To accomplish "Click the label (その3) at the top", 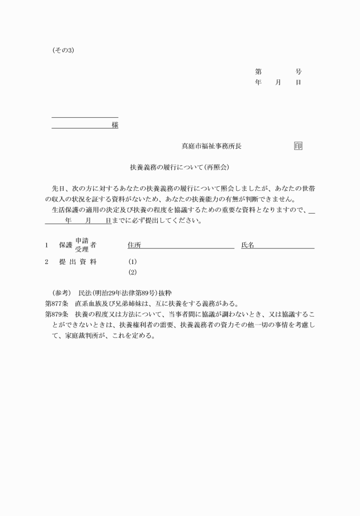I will [63, 51].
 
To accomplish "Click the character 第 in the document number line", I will [258, 72].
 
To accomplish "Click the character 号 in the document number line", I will [298, 72].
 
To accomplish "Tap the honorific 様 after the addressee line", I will [115, 125].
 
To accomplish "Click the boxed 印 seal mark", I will [298, 146].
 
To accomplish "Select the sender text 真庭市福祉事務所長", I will [211, 146].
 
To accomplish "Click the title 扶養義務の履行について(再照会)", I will [179, 168].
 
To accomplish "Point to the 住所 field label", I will [134, 245].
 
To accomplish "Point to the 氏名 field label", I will [247, 245].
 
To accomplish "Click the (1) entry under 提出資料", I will [133, 262].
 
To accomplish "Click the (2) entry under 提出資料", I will [133, 272].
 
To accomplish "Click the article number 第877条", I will [57, 303].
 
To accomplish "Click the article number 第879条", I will [57, 314].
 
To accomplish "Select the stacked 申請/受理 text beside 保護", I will [82, 245].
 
